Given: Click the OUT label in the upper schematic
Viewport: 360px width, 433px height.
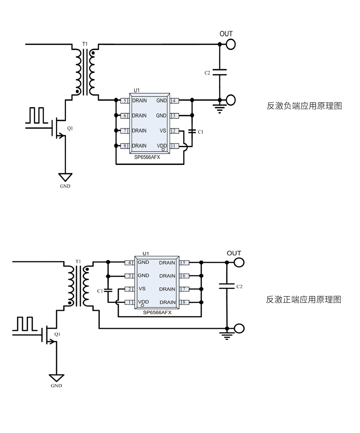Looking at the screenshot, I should click(226, 34).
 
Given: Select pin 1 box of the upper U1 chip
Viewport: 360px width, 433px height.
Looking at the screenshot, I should click(174, 146).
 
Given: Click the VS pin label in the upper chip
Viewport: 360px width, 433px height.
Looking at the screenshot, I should click(163, 130).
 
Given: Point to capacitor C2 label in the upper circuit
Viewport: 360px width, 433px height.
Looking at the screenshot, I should click(207, 73).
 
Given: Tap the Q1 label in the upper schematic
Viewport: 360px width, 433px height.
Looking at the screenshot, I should click(70, 128).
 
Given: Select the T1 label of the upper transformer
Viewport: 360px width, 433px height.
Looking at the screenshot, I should click(85, 44).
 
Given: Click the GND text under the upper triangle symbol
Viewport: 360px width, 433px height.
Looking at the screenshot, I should click(65, 186).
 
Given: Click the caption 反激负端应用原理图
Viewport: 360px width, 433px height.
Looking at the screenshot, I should click(304, 106).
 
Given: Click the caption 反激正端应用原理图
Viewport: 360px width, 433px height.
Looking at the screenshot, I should click(304, 300).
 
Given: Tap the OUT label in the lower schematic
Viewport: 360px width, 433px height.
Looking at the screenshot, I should click(234, 253).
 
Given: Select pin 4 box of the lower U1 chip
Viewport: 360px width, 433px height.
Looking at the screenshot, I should click(129, 263).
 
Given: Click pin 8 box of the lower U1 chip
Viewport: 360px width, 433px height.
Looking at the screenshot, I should click(184, 302).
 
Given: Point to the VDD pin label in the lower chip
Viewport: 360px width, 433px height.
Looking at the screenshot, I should click(143, 301).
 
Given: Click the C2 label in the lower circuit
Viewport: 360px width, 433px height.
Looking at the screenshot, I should click(239, 287).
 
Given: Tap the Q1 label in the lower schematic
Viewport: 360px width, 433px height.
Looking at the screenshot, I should click(57, 334).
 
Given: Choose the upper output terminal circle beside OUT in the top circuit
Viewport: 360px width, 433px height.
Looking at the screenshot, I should click(231, 44).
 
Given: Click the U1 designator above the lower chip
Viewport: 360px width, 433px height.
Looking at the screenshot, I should click(146, 253).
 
